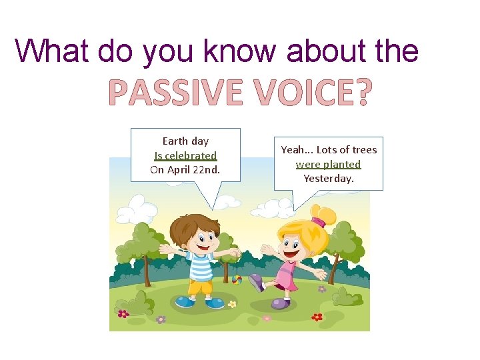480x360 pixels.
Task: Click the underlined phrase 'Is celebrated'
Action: pos(185,155)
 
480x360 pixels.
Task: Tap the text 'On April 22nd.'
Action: pos(185,169)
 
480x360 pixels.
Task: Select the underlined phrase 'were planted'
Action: pos(328,164)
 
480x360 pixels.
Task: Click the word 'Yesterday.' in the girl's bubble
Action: pos(328,178)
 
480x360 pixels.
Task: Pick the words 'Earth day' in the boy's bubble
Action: pos(185,141)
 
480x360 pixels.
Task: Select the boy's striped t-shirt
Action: pos(199,264)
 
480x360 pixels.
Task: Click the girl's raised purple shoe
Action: pos(255,282)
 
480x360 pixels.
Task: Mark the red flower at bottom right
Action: pos(317,317)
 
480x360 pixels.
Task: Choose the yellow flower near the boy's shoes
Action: pos(232,304)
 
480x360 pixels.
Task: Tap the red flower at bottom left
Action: pos(123,313)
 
